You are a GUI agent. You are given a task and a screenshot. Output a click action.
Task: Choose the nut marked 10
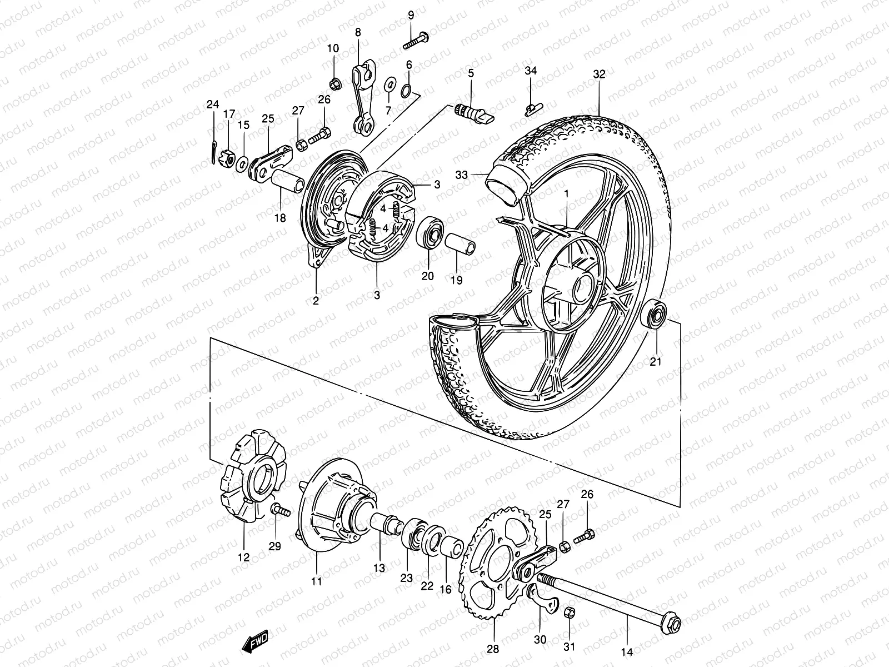(x=335, y=84)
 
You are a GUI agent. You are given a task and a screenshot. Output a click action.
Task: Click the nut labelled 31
(x=570, y=613)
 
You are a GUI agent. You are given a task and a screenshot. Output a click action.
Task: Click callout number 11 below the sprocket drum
(x=316, y=583)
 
